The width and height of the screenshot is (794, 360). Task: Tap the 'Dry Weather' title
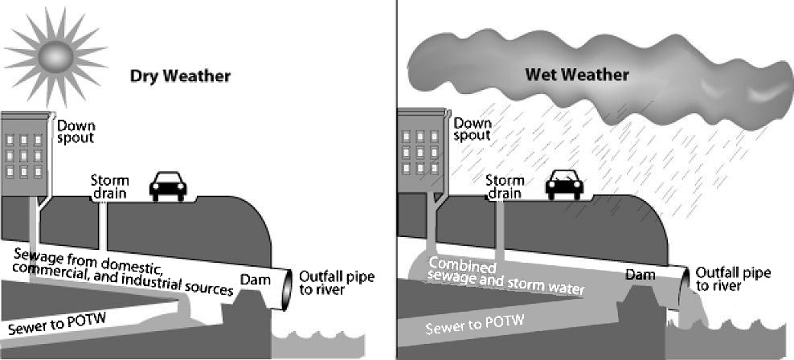tap(181, 76)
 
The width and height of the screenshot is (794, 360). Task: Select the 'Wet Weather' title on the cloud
tap(576, 75)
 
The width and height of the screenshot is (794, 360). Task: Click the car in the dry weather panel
tap(168, 187)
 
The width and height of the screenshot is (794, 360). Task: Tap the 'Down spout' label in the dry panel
tap(76, 131)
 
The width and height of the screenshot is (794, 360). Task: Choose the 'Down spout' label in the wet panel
tap(473, 129)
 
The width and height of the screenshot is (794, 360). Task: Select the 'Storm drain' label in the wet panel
tap(505, 187)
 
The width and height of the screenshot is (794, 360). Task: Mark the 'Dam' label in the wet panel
tap(640, 276)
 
